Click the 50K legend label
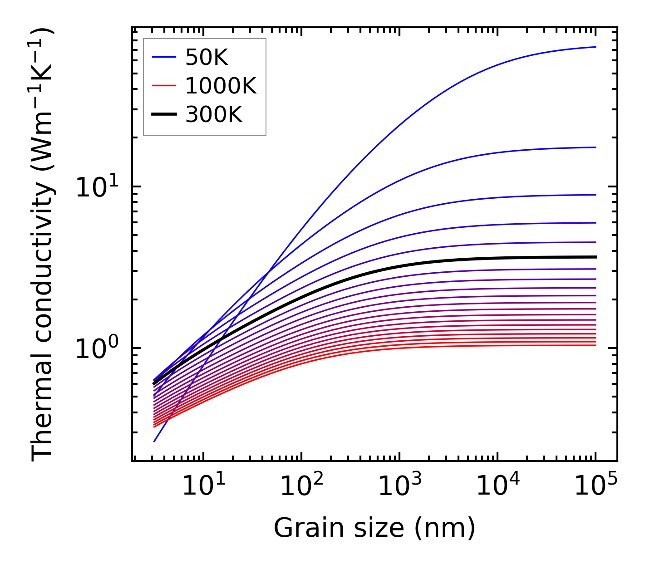[207, 58]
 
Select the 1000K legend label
[221, 86]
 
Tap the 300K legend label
[214, 115]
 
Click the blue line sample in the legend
[163, 58]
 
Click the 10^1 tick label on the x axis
[202, 486]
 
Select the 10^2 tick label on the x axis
[300, 486]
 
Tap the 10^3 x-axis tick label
[399, 486]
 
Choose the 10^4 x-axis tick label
[497, 486]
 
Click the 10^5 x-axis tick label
[595, 486]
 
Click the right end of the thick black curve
[595, 257]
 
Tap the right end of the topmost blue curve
[595, 47]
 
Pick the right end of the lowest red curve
[595, 346]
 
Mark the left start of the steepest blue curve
[155, 441]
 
